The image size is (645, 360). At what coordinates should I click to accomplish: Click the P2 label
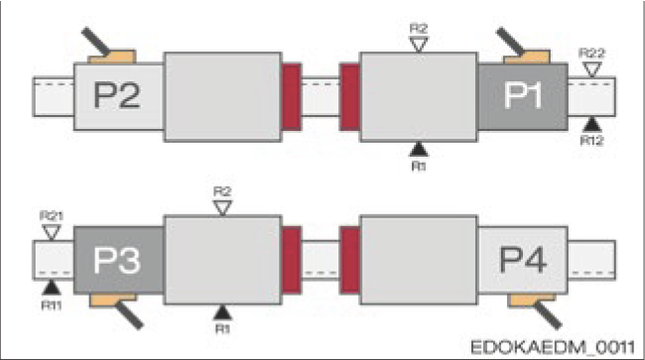click(117, 96)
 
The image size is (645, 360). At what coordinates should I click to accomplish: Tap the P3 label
click(117, 261)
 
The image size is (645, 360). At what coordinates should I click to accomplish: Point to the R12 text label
click(593, 140)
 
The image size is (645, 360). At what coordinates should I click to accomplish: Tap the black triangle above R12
click(592, 123)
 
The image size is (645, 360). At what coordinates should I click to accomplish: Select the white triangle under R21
click(51, 231)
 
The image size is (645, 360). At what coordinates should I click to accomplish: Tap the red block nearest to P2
click(291, 96)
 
